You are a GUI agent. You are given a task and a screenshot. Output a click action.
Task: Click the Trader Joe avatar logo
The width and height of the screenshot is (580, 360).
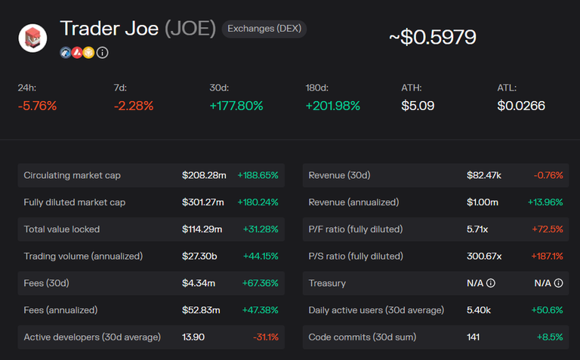pos(32,38)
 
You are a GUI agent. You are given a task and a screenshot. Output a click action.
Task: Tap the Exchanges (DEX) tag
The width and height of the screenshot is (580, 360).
pos(264,29)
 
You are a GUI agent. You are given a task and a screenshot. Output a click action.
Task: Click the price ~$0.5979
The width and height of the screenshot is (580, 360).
pos(433,37)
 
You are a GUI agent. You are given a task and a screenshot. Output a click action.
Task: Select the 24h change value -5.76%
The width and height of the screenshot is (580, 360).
pos(37,106)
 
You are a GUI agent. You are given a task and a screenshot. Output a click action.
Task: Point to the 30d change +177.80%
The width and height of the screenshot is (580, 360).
pos(236,106)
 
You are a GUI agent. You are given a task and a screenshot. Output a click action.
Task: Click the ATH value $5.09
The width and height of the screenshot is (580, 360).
pos(418,106)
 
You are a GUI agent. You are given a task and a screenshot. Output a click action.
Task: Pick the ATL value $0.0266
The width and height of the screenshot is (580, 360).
pos(521,106)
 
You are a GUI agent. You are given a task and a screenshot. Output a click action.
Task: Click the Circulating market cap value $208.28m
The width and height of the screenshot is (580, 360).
pos(204,175)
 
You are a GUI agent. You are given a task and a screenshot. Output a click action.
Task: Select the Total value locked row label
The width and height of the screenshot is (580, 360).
pos(62,229)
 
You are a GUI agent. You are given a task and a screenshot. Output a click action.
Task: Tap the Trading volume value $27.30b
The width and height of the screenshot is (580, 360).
pos(199,256)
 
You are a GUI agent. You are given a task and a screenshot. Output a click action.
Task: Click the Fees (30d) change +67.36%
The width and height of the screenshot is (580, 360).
pos(258,283)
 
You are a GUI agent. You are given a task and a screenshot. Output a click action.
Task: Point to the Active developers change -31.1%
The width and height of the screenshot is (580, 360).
pos(265,337)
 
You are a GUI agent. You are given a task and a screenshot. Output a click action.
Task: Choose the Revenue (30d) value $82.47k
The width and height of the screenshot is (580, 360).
pos(484,175)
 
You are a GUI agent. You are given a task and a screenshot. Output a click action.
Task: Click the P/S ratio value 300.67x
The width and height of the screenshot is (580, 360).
pos(484,256)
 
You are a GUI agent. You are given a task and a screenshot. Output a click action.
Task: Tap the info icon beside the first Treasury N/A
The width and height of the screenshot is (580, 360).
pos(491,283)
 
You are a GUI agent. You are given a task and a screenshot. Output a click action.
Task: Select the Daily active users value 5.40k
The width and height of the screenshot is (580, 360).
pos(480,309)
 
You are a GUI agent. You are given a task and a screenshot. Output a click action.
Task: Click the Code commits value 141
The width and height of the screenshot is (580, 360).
pos(474,337)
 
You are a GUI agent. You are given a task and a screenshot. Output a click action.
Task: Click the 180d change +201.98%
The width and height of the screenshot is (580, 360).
pos(332,106)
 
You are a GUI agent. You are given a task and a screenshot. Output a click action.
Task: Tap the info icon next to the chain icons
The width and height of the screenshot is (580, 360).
pos(103,53)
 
